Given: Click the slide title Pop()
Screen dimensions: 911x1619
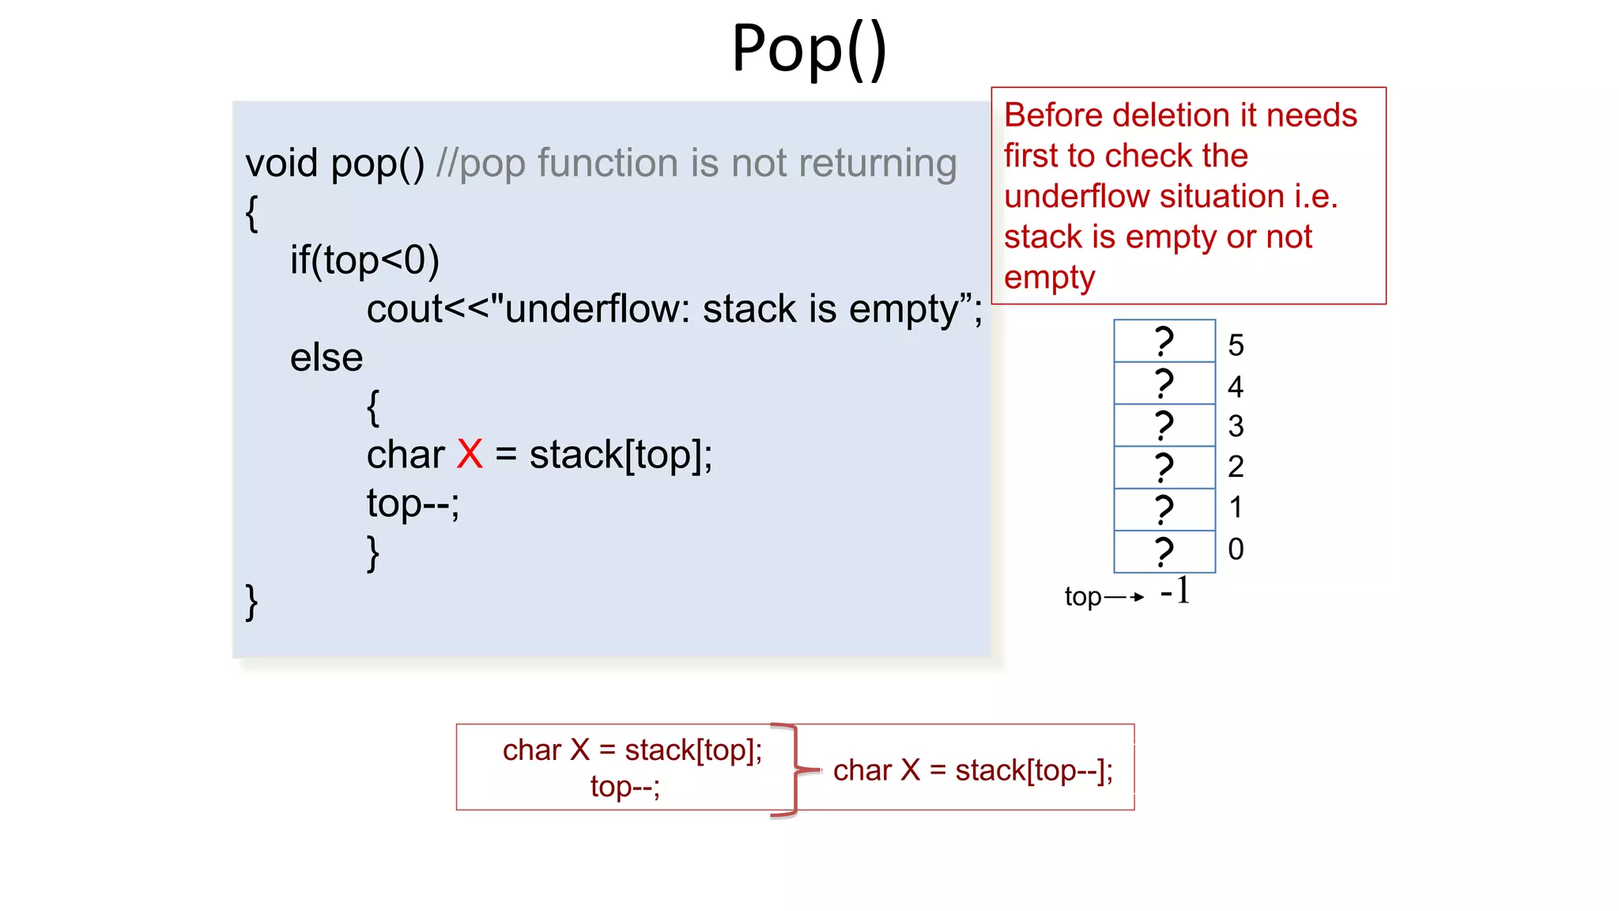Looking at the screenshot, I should coord(809,49).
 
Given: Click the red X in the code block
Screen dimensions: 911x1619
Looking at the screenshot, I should coord(470,455).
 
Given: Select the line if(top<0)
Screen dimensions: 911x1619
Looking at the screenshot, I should coord(364,260).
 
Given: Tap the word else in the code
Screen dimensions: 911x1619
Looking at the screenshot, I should coord(326,357).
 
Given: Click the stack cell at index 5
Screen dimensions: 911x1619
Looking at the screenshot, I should coord(1164,341).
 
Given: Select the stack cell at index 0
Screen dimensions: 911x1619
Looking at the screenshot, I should coord(1164,551).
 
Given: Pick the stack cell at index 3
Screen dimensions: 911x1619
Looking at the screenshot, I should coord(1164,425).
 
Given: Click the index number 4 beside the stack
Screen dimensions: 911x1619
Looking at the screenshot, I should coord(1236,387).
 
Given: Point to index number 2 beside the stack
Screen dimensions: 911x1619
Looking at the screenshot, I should coord(1236,467).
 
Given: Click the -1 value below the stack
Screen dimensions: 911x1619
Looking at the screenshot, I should coord(1176,591).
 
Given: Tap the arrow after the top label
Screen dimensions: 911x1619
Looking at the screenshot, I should coord(1125,597).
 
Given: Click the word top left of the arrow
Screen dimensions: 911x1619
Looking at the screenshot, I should coord(1082,596).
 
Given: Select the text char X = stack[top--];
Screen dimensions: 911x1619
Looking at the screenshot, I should coord(972,769).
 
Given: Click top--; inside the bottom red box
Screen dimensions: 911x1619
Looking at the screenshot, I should coord(625,787).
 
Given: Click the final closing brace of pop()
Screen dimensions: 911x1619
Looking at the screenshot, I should coord(251,602).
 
